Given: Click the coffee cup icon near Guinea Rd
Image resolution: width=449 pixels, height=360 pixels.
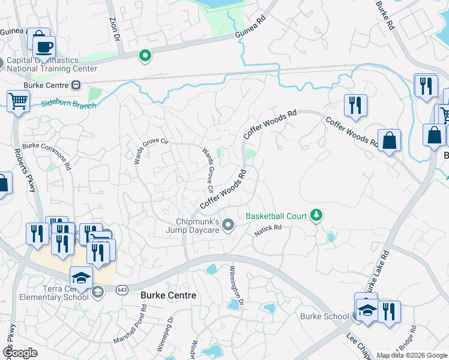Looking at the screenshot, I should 43,47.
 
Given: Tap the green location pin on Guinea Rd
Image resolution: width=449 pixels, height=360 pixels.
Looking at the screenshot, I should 145,56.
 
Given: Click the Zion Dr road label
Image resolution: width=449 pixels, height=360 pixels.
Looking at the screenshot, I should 113,28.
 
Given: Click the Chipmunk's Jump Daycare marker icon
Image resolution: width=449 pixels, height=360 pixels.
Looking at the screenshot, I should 228,225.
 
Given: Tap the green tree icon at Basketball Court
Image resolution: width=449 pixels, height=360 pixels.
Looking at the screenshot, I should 316,215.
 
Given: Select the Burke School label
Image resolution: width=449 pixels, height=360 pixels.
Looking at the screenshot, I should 324,316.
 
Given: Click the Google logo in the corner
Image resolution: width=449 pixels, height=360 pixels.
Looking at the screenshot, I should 20,353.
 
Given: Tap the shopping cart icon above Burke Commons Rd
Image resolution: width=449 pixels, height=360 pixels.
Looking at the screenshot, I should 18,102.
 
